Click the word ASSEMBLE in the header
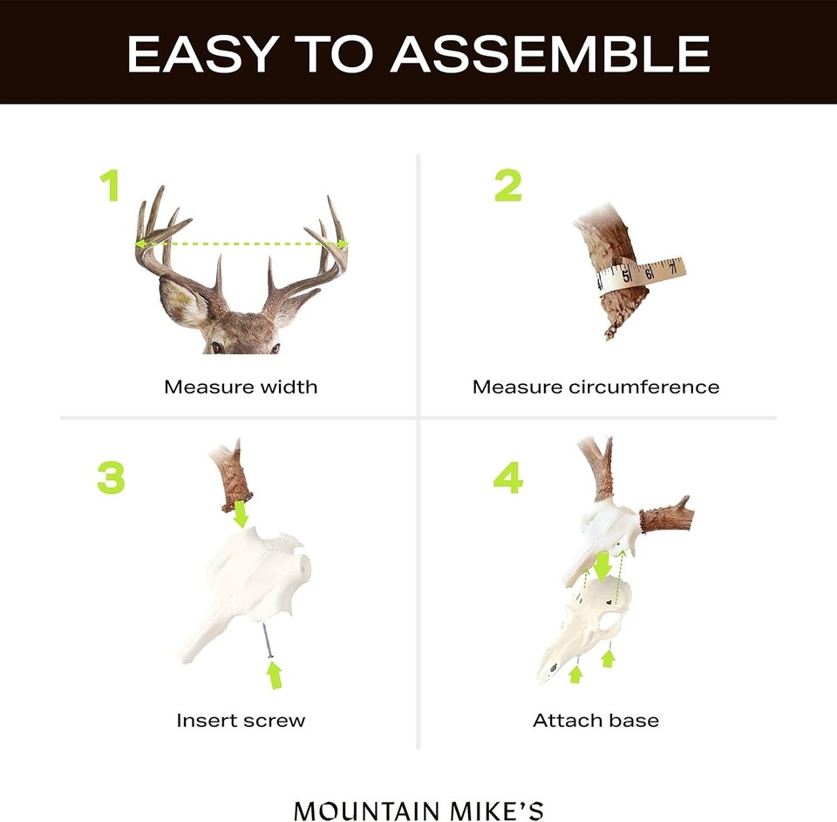[x=550, y=54]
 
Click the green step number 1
[x=109, y=186]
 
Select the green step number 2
[x=508, y=186]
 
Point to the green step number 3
[x=111, y=477]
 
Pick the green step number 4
[x=507, y=477]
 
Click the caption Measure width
[x=241, y=387]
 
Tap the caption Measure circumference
[x=596, y=387]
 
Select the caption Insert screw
[x=241, y=721]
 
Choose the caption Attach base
[x=596, y=721]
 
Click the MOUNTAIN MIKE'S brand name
[x=418, y=810]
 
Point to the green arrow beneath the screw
[x=276, y=674]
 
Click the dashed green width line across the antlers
[x=242, y=244]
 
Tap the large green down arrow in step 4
[x=602, y=568]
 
